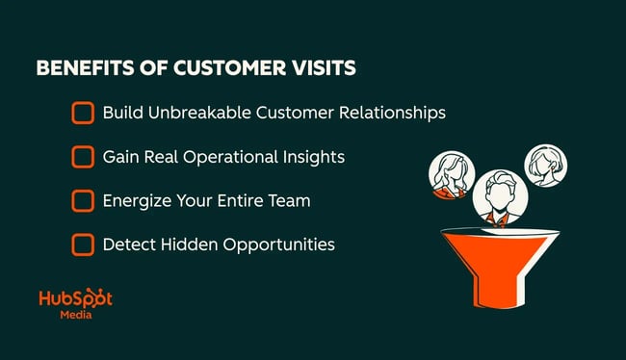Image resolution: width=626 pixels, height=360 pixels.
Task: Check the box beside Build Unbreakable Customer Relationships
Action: pos(83,113)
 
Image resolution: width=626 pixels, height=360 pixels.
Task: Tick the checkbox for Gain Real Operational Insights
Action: pos(83,156)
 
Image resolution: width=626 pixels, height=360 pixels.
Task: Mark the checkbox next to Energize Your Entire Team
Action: pos(83,200)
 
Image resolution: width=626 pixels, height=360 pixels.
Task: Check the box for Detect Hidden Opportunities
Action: pos(83,244)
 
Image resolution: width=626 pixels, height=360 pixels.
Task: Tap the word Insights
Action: pos(316,156)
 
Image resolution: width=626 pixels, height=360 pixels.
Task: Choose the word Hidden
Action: pos(190,244)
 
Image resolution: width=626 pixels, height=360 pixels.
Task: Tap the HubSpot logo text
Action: pos(75,298)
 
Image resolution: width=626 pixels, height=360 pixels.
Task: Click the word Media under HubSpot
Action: pos(75,317)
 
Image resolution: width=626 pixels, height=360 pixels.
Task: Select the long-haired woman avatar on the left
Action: pos(450,173)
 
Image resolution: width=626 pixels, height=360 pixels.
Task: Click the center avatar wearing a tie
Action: pos(498,195)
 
